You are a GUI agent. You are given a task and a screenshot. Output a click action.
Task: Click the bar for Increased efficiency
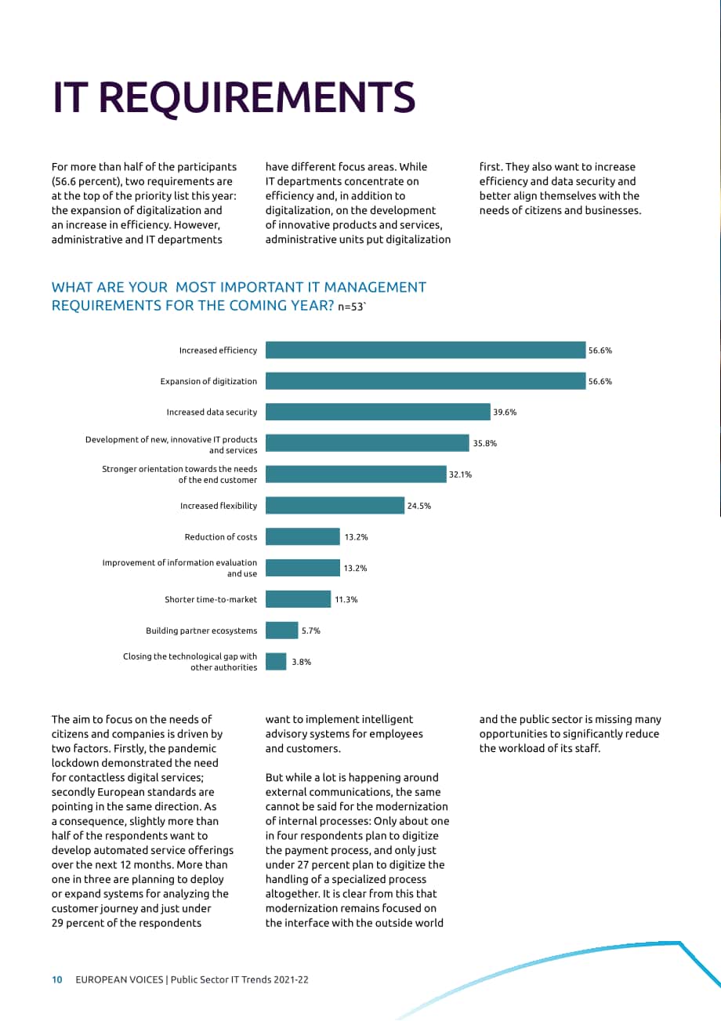pyautogui.click(x=426, y=350)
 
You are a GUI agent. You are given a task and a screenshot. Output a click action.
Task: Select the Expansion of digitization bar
pyautogui.click(x=426, y=381)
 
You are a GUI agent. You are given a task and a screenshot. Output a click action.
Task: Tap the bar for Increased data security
pyautogui.click(x=378, y=412)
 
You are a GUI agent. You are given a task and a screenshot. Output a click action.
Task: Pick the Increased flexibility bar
pyautogui.click(x=335, y=506)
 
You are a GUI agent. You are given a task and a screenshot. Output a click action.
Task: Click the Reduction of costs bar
pyautogui.click(x=303, y=536)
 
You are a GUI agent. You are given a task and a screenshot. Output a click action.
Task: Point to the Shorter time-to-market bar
pyautogui.click(x=298, y=599)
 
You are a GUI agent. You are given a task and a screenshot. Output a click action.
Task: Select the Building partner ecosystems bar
pyautogui.click(x=281, y=630)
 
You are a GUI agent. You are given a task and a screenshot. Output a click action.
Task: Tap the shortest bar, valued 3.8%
pyautogui.click(x=276, y=661)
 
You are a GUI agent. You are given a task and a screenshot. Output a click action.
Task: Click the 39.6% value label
pyautogui.click(x=505, y=412)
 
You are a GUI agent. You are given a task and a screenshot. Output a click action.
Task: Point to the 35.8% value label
pyautogui.click(x=484, y=443)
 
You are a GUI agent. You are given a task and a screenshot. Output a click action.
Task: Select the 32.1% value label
pyautogui.click(x=460, y=474)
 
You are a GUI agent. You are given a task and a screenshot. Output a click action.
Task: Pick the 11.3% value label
pyautogui.click(x=346, y=599)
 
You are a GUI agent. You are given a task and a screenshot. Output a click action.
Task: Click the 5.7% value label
pyautogui.click(x=310, y=630)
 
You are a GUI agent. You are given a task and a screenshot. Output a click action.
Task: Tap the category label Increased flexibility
pyautogui.click(x=219, y=506)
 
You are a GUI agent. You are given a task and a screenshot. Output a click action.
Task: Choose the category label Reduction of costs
pyautogui.click(x=221, y=537)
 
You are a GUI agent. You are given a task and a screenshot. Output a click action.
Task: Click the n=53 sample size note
pyautogui.click(x=352, y=307)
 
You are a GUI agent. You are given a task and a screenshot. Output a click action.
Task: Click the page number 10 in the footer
pyautogui.click(x=57, y=979)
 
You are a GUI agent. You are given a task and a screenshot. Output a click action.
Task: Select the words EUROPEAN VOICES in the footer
pyautogui.click(x=119, y=979)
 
